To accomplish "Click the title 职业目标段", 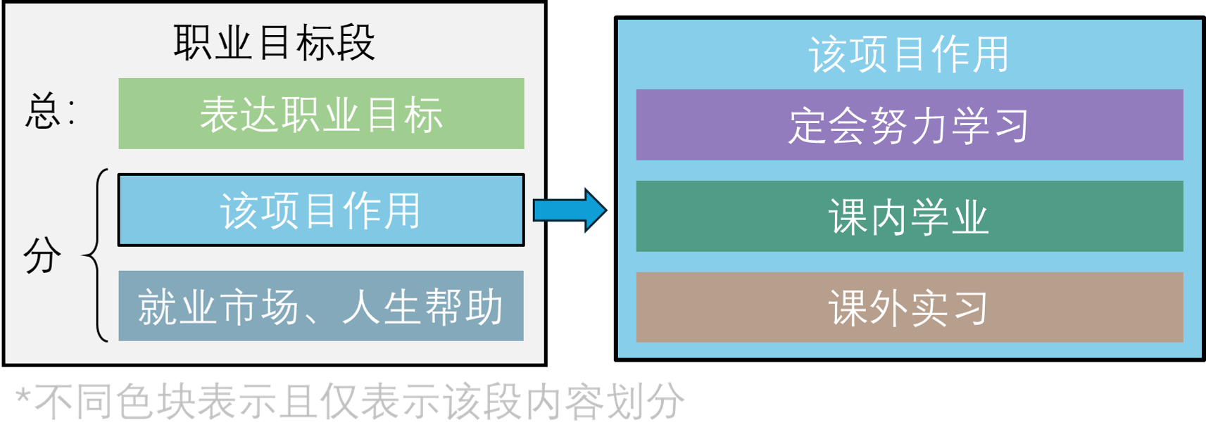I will (x=274, y=42).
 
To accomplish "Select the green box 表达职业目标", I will (x=321, y=114).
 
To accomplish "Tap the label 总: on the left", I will (x=49, y=113).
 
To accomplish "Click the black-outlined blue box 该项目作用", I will (x=321, y=210).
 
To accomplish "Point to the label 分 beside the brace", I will (x=42, y=255).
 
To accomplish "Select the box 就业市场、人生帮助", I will (x=321, y=307).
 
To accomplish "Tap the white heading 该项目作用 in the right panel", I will (x=909, y=54).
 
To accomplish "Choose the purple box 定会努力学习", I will (x=909, y=125).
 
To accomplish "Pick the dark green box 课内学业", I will (x=909, y=217).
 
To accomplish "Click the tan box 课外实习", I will (x=909, y=308).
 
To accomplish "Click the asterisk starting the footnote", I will (x=23, y=397).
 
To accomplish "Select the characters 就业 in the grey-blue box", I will (x=177, y=307).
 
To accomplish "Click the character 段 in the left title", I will (x=356, y=42).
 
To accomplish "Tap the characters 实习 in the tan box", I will (x=949, y=308).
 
